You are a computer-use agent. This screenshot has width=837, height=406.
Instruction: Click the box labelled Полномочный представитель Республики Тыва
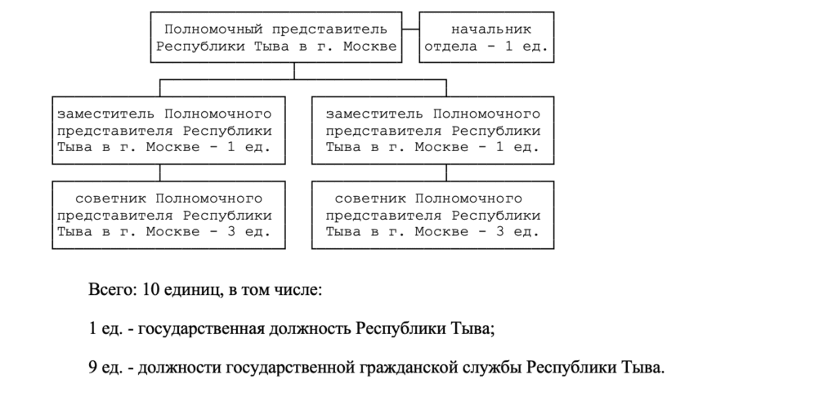click(276, 38)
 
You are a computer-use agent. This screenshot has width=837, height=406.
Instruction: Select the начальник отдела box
click(486, 38)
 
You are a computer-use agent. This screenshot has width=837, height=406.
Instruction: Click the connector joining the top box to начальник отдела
click(410, 29)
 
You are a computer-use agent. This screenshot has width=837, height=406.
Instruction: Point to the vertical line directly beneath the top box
click(294, 71)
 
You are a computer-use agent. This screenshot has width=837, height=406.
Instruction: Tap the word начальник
click(491, 29)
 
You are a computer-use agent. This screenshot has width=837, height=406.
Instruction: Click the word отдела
click(450, 47)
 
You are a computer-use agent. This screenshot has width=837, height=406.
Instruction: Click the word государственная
click(202, 329)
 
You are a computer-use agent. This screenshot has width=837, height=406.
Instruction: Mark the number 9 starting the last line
click(92, 368)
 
